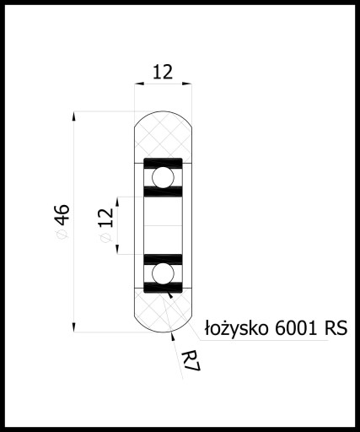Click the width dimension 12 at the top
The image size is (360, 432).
click(x=163, y=73)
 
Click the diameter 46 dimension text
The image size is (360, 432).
click(x=62, y=215)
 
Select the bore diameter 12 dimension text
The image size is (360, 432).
click(x=106, y=218)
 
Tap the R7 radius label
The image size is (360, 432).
click(x=191, y=361)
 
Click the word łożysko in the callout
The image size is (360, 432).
click(x=236, y=327)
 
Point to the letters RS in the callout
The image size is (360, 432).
click(x=336, y=327)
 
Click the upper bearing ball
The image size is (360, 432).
click(x=163, y=177)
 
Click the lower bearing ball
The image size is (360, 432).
click(x=163, y=273)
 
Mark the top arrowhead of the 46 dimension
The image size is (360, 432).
click(x=74, y=116)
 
